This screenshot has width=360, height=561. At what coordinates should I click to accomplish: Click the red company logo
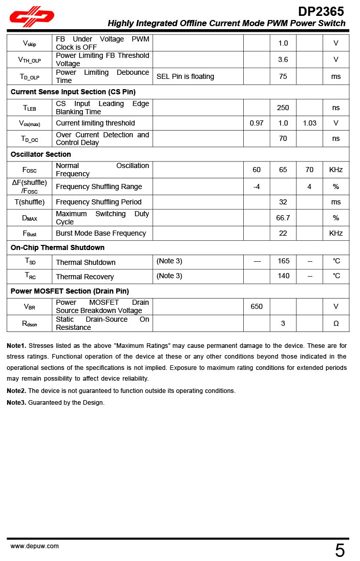[32, 16]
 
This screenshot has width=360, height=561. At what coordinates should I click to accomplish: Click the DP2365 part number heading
[321, 11]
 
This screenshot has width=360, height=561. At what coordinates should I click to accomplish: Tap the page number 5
[340, 551]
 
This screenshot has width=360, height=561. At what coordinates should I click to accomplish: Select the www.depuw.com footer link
[35, 546]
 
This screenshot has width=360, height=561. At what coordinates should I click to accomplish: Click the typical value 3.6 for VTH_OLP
[283, 59]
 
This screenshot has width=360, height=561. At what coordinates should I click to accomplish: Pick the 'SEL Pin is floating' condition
[185, 76]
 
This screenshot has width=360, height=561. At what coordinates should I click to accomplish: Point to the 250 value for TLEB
[283, 108]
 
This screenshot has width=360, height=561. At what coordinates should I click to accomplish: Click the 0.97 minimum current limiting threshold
[257, 123]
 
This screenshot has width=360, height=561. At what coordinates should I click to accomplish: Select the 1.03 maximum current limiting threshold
[309, 123]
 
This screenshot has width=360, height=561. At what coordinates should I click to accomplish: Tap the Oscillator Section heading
[41, 154]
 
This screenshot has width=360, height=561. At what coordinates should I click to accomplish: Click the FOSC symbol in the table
[30, 170]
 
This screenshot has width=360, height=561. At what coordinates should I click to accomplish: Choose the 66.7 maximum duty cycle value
[283, 218]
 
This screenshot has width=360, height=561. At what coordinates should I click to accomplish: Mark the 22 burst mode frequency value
[283, 233]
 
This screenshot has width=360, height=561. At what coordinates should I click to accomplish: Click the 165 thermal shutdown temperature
[283, 261]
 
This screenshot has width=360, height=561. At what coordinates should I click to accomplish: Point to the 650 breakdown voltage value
[257, 306]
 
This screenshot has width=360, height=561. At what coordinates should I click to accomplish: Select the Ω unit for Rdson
[336, 323]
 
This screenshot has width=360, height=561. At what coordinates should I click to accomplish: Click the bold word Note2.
[16, 391]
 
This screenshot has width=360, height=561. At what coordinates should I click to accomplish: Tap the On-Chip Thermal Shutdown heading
[57, 247]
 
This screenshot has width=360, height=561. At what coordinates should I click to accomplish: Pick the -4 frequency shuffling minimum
[257, 186]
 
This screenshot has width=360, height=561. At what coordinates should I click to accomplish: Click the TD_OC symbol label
[30, 139]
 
